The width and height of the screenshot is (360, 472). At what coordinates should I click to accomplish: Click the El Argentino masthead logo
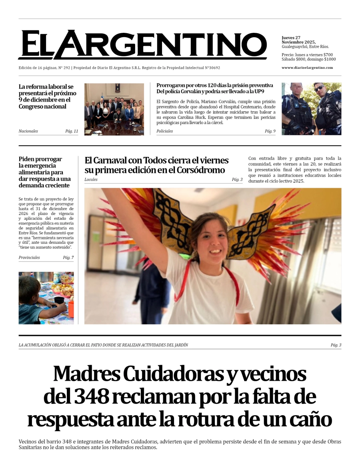coord(142,45)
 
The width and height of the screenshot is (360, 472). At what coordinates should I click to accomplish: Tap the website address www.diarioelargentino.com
coord(307,68)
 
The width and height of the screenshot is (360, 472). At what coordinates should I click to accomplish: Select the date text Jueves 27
coord(291,38)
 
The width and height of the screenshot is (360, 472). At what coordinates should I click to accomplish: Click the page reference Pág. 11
coord(72,131)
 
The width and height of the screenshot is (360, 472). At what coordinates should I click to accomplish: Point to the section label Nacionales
coord(28,131)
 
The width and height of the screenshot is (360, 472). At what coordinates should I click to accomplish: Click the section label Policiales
coord(164,131)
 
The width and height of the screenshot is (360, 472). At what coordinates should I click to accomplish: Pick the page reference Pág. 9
coord(270,131)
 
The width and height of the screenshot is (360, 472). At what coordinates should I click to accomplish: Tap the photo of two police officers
coord(311,109)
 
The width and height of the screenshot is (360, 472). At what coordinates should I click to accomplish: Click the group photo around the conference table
coord(114,109)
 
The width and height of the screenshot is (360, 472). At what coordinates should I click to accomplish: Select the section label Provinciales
coord(29,258)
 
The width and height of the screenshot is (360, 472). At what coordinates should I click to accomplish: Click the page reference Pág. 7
coord(68,258)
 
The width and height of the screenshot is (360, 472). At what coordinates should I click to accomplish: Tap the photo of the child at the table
coord(46,298)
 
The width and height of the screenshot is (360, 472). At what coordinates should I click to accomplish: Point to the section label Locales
coord(91,180)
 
